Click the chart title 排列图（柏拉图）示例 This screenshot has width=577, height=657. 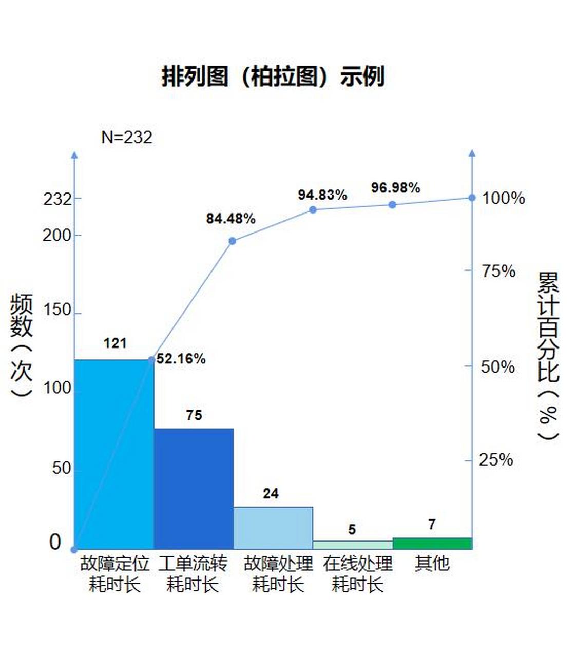tap(273, 77)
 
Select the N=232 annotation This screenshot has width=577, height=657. tap(127, 138)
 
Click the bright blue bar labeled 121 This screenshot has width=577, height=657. tap(114, 454)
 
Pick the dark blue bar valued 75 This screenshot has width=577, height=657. tap(194, 489)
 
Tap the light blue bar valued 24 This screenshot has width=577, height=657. tap(273, 528)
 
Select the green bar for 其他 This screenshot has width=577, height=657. tap(432, 544)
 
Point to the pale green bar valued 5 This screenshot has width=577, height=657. tap(352, 545)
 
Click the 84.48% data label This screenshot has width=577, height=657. tap(230, 219)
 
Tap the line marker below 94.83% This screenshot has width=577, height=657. tap(313, 209)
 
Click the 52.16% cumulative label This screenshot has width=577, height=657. tap(181, 359)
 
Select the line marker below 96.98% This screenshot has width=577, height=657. tap(392, 204)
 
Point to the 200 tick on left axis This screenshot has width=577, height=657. tap(57, 236)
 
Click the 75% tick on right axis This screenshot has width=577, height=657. tap(498, 271)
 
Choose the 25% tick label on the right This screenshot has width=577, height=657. tap(496, 460)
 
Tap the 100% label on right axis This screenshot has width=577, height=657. tap(503, 198)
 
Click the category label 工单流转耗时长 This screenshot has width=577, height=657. tap(193, 574)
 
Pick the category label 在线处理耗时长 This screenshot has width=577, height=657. tap(358, 574)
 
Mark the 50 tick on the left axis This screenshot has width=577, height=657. tap(61, 468)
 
